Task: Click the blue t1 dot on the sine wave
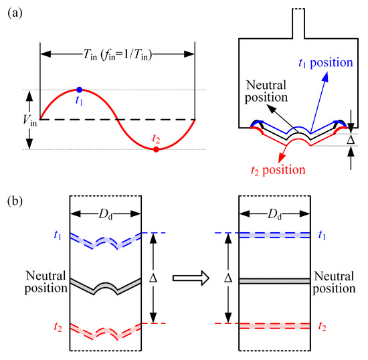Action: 80,89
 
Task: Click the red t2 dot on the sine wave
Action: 156,149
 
